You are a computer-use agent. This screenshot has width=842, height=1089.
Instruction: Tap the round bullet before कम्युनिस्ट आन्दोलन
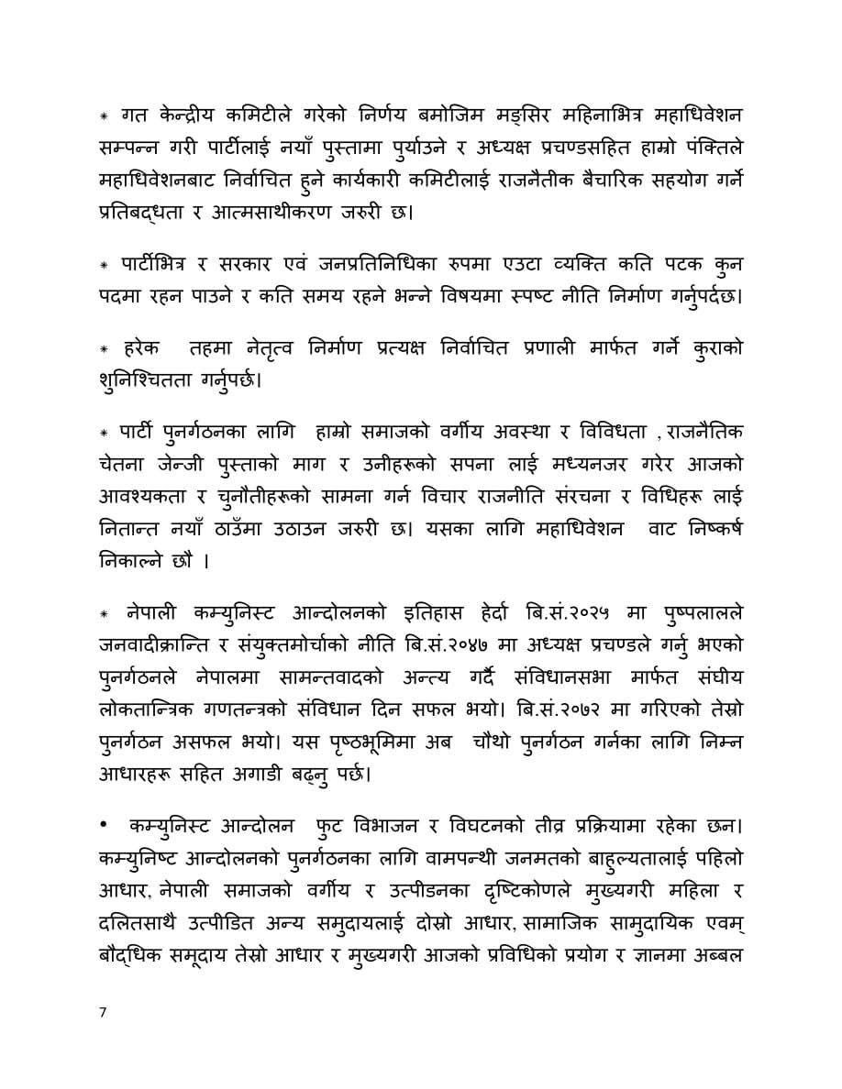[x=104, y=827]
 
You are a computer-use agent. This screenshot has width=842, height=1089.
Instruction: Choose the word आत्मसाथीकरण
[x=283, y=214]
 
